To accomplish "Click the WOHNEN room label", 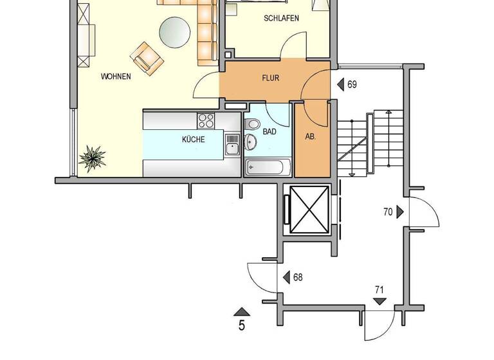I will (x=116, y=76).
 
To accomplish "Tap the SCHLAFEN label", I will (x=281, y=19).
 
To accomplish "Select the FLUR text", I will (x=270, y=78).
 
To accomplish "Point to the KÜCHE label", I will (x=193, y=139).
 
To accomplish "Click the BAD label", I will (x=270, y=131).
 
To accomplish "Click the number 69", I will (x=352, y=84).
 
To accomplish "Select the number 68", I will (x=297, y=278).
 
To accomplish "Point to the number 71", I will (x=380, y=291).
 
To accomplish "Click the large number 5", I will (x=242, y=325).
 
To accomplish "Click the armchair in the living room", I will (x=146, y=57).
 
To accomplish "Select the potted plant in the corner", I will (x=93, y=158).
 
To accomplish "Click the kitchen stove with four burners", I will (x=206, y=120).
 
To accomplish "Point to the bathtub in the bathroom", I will (x=268, y=168).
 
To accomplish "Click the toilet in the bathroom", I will (x=251, y=124).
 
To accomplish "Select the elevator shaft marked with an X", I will (x=309, y=209).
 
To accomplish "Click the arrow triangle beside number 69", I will (x=340, y=84).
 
